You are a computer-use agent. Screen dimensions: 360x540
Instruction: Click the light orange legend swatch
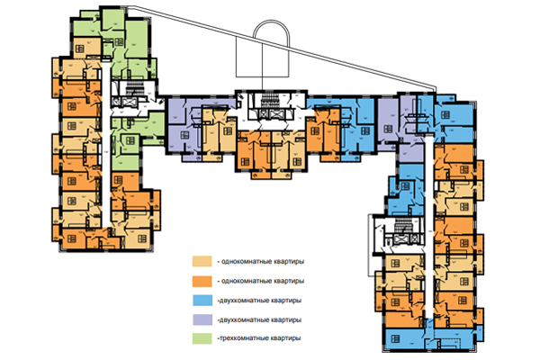[201, 261]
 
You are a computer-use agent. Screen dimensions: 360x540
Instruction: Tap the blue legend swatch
[201, 300]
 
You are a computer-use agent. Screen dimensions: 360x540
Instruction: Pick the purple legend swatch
[201, 319]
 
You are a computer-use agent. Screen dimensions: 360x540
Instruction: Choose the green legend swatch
[201, 337]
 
